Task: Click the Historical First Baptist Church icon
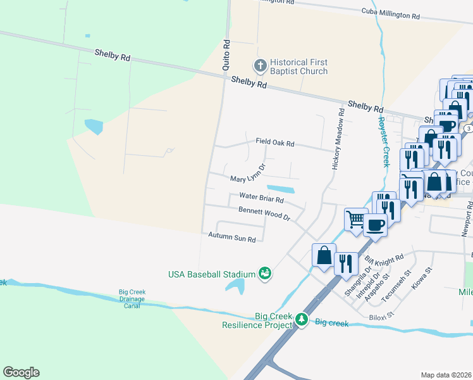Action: [259, 65]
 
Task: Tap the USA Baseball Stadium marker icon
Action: [266, 274]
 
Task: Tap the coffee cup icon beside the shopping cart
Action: [375, 224]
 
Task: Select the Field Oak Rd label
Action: [275, 142]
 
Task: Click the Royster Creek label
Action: [383, 141]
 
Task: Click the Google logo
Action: [21, 372]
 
